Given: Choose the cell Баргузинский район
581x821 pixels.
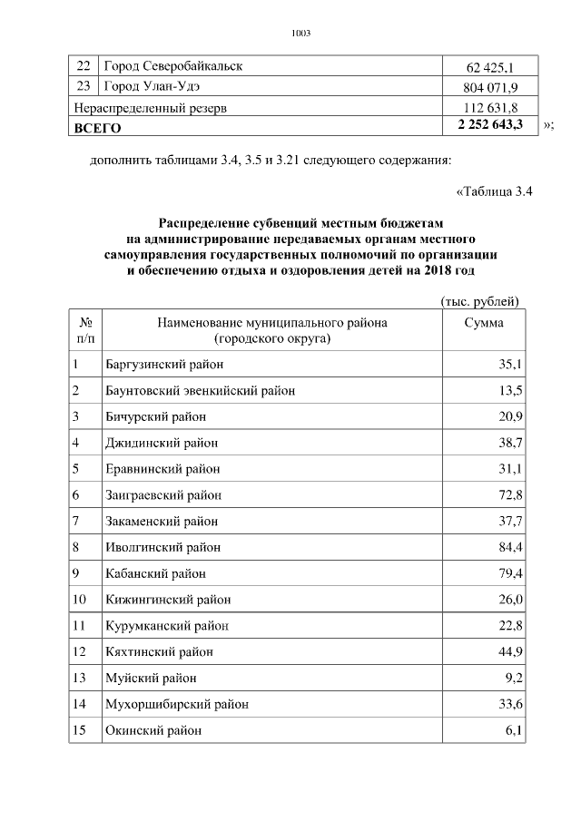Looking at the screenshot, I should point(163,365).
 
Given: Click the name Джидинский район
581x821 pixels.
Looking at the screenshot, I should point(161,444).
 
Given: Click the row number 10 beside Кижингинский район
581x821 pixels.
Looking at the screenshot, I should point(79,600).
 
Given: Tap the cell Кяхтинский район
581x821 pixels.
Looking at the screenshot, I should point(159,652).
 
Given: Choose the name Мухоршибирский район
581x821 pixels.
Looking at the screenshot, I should point(176,704).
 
